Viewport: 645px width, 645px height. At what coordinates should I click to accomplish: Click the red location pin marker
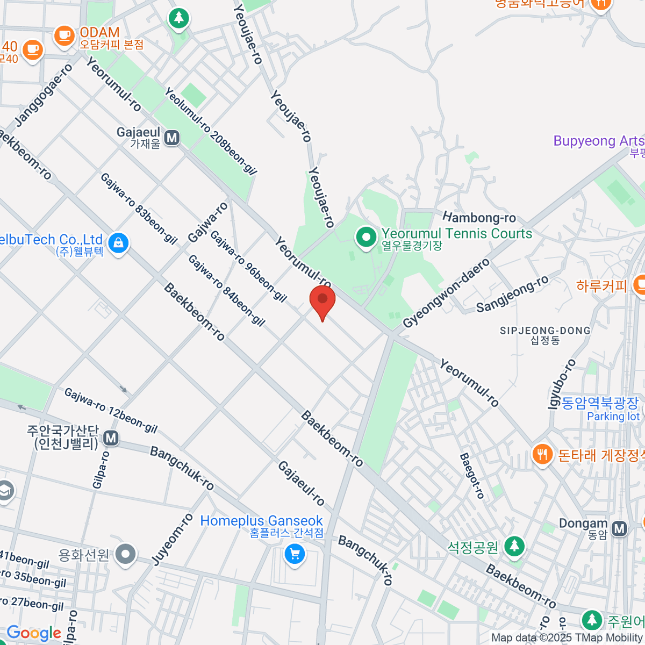coord(322,302)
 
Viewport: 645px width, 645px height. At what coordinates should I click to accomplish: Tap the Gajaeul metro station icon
coord(172,138)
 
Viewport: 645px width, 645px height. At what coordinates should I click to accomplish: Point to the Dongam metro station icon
coord(620,528)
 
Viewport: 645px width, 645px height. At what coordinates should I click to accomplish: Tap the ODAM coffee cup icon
coord(64,36)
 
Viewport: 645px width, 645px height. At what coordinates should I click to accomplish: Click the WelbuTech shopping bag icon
coord(118,243)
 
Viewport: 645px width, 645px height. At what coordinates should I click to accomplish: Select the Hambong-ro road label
coord(479,218)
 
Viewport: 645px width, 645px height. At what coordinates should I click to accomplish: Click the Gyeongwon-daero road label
coord(447,293)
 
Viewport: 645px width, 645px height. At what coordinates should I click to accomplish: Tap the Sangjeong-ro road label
coord(512,294)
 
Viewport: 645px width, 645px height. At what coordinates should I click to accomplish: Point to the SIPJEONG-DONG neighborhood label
coord(545,331)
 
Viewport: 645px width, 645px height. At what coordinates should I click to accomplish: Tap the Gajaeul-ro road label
coord(301,483)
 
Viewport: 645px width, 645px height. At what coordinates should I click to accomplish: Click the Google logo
coord(33,633)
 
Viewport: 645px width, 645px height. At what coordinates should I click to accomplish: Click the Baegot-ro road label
coord(472,476)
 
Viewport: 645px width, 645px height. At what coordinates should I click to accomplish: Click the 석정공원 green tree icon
coord(514,546)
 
